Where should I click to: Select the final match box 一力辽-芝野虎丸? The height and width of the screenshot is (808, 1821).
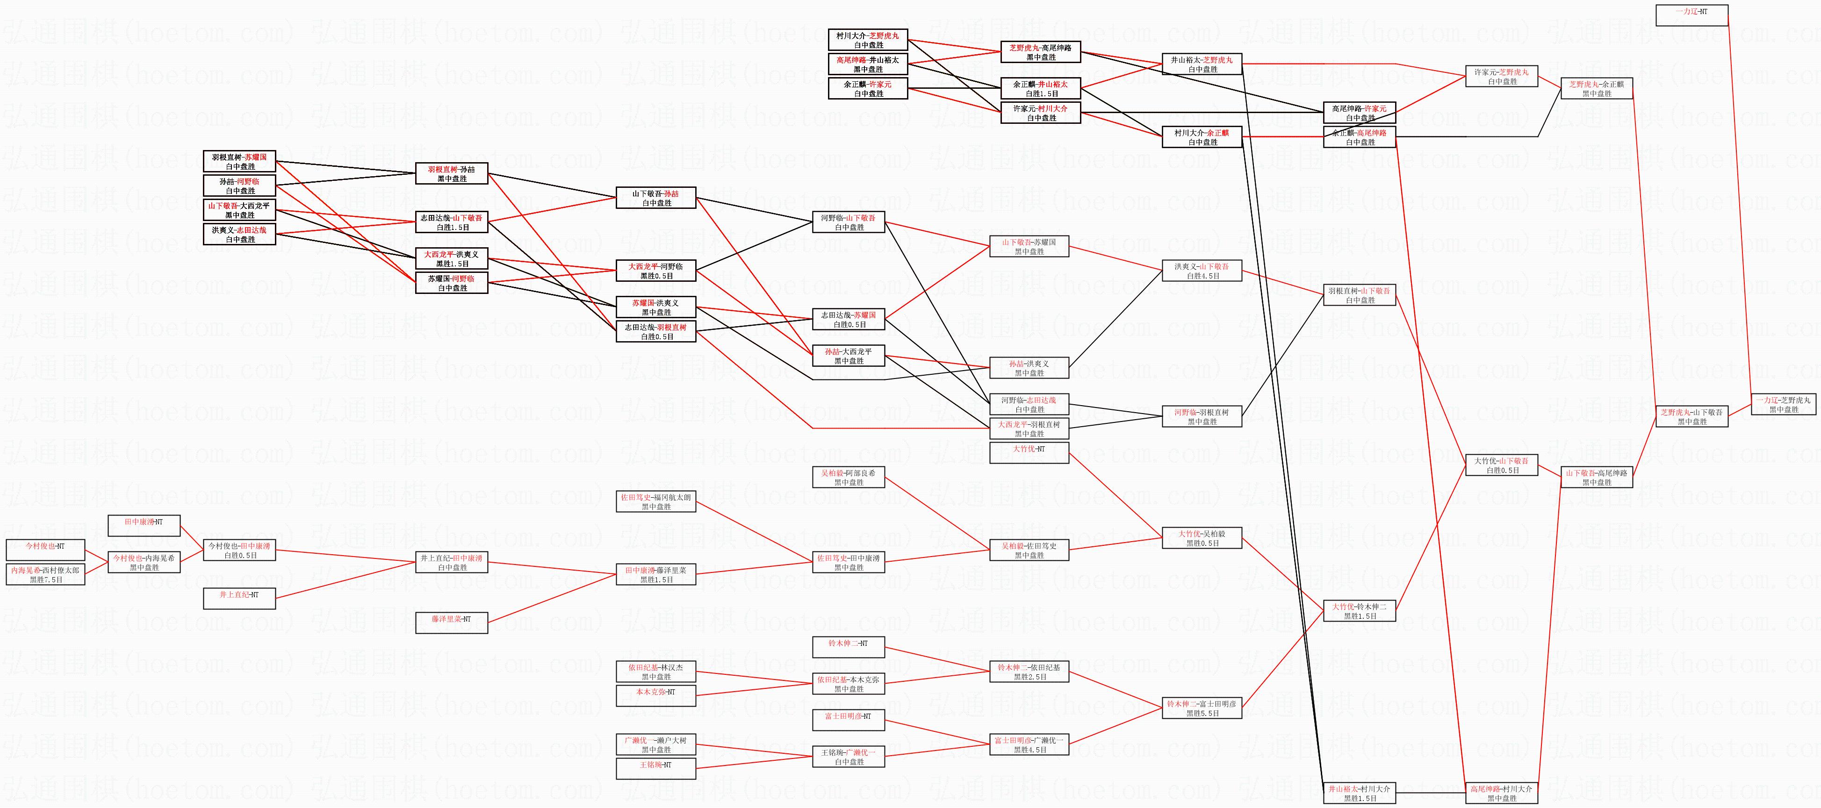click(1784, 404)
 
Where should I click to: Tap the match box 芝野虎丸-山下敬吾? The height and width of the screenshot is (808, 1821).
click(1691, 416)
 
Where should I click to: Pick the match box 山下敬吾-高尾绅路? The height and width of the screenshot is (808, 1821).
click(1596, 477)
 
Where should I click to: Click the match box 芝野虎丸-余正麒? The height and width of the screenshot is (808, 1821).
click(1596, 88)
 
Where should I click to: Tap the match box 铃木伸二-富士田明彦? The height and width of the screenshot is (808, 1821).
click(1202, 708)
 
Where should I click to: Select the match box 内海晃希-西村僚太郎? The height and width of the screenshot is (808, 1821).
click(45, 574)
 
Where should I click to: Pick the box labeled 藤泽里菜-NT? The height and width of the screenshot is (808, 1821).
click(451, 623)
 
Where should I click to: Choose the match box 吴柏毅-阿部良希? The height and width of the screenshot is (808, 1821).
click(848, 477)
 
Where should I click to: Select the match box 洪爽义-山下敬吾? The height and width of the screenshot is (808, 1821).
click(1202, 271)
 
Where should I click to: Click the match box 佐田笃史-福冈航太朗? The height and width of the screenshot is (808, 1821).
click(655, 501)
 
